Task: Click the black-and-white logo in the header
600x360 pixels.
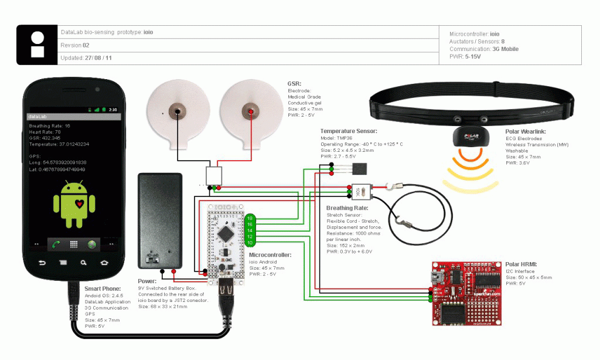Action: click(37, 45)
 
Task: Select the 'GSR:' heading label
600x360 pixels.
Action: click(294, 84)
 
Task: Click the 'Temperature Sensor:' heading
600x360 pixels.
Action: click(349, 131)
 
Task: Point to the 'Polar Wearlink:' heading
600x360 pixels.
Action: click(525, 131)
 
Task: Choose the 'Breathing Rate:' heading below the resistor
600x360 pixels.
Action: click(347, 208)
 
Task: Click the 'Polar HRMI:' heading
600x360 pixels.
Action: click(521, 264)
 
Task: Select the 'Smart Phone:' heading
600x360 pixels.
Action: click(103, 288)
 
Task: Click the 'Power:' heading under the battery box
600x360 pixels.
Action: click(146, 281)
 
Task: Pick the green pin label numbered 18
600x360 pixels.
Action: click(250, 218)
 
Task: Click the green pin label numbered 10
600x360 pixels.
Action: click(250, 242)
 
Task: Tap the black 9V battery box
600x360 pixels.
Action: click(159, 220)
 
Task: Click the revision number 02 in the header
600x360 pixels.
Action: click(86, 45)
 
